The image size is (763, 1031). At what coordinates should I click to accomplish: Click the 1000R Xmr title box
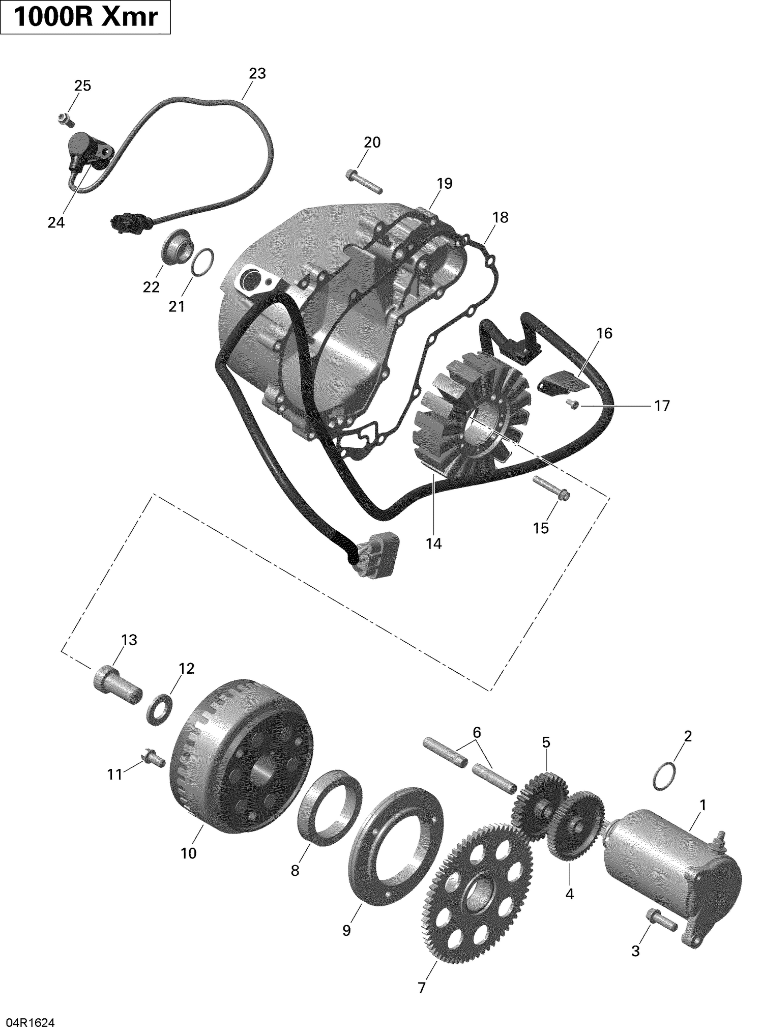click(85, 18)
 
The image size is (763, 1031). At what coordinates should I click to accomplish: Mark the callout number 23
click(257, 74)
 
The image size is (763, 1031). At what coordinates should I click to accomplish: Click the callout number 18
click(500, 218)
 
